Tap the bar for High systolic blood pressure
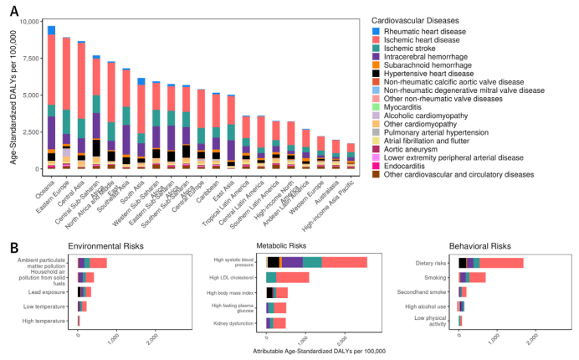pos(316,262)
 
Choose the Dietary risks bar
pos(490,263)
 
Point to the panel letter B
pos(13,246)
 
